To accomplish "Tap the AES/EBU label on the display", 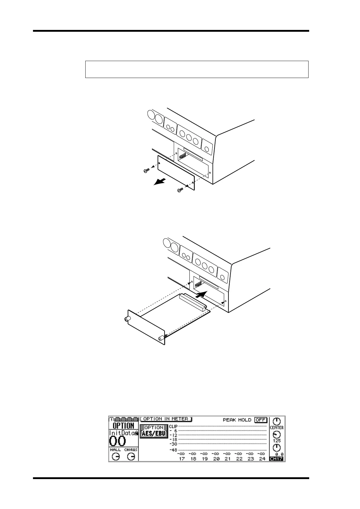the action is [154, 433].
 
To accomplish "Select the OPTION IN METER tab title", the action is [166, 419].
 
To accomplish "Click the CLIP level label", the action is [173, 426].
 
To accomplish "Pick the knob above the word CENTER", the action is [277, 421].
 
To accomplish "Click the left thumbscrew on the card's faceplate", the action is [126, 319].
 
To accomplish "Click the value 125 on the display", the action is [277, 441].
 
